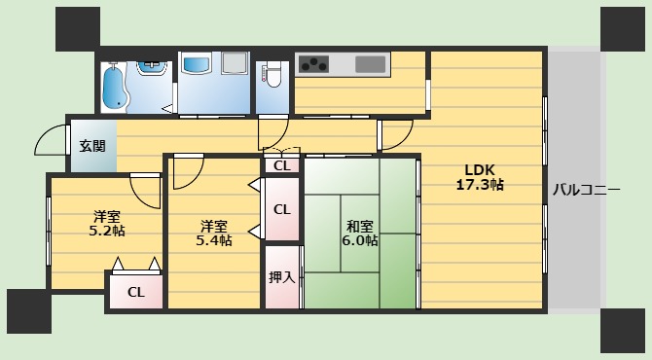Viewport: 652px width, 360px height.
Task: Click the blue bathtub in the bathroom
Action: point(115,86)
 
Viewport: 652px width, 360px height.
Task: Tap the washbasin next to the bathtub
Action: point(151,67)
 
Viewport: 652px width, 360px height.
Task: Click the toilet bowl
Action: point(273,73)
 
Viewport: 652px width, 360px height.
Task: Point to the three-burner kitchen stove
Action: point(313,64)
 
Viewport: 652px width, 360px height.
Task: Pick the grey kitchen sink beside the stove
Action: point(371,64)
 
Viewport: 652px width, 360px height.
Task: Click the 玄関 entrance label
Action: point(92,147)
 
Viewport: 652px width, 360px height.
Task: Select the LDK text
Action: point(478,165)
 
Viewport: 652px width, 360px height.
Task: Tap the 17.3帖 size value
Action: point(480,183)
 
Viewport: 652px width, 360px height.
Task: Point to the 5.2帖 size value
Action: point(108,231)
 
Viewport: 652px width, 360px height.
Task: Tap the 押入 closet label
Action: point(282,276)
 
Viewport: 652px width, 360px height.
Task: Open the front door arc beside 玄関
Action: point(51,142)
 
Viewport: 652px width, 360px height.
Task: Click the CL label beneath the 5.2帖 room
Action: point(135,290)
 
